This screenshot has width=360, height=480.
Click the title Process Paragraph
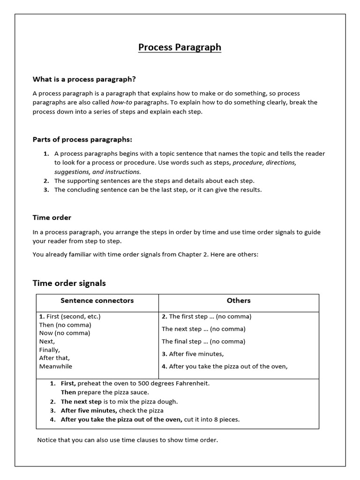point(180,47)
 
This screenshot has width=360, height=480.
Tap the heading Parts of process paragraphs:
point(82,139)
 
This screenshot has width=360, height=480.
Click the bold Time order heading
point(52,217)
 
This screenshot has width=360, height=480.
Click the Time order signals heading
point(69,283)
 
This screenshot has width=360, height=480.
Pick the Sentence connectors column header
point(97,300)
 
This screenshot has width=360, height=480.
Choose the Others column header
point(239,300)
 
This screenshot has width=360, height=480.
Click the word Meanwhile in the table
point(56,367)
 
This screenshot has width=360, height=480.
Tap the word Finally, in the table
point(50,350)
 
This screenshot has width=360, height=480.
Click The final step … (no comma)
point(203,341)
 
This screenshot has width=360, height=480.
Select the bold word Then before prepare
point(68,392)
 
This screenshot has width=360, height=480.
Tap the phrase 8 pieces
point(226,420)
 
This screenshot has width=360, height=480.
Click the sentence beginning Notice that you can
point(127,440)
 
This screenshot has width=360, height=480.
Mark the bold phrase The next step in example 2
point(81,402)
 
